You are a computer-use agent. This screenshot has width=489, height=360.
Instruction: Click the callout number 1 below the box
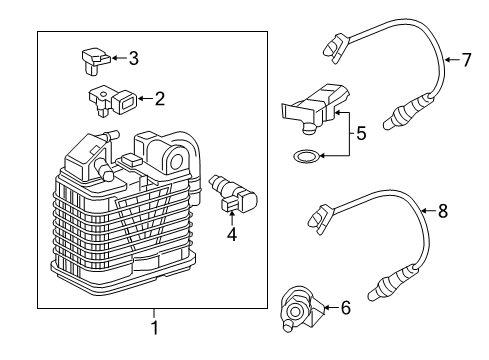tap(154, 328)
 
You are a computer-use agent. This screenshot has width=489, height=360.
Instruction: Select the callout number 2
tap(160, 98)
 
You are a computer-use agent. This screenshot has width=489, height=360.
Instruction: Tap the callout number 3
tap(133, 59)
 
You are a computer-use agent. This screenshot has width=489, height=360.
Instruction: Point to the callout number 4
tap(232, 236)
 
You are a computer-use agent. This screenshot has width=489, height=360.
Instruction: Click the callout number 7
tap(466, 60)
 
